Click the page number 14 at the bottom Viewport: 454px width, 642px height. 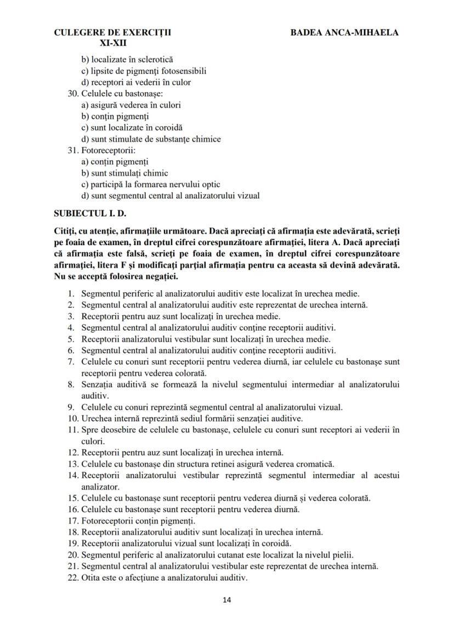227,600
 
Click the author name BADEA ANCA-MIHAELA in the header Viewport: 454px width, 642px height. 344,32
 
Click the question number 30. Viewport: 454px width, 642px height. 73,93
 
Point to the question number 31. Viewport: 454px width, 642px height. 73,150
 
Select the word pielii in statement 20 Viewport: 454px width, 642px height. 342,555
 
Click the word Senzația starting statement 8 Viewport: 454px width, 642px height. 98,384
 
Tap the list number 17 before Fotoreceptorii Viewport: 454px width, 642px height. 73,521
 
